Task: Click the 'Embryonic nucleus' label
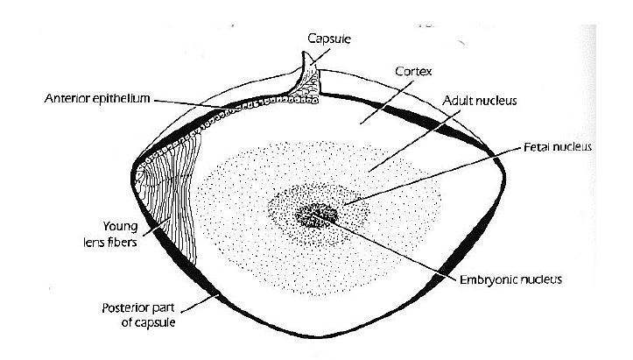[510, 280]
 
